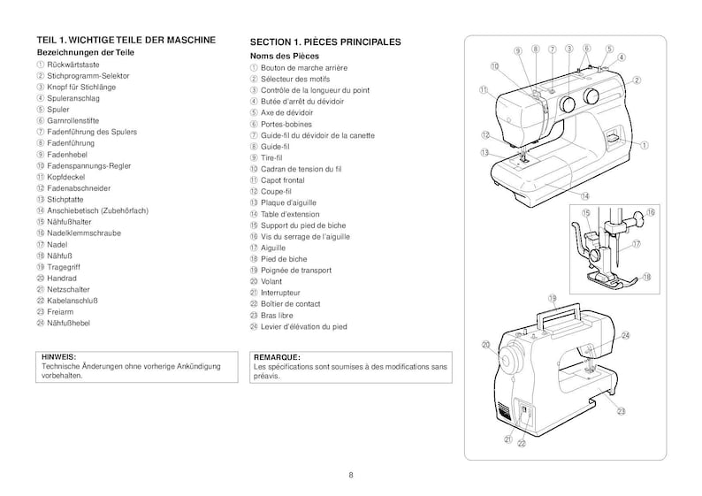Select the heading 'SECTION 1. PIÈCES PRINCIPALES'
point(325,42)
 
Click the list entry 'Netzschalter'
point(69,289)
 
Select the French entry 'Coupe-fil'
point(278,191)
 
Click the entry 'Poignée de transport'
point(296,269)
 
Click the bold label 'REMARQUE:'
point(277,356)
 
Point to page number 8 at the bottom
point(351,476)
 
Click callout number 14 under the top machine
point(585,195)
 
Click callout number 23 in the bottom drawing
point(622,411)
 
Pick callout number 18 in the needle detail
point(646,277)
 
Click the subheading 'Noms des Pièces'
point(281,56)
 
